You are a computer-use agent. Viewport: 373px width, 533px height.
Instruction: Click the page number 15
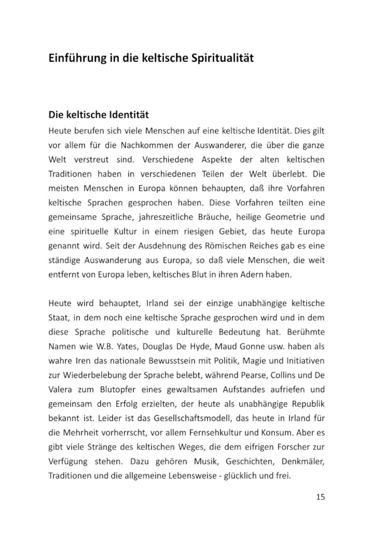(320, 497)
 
